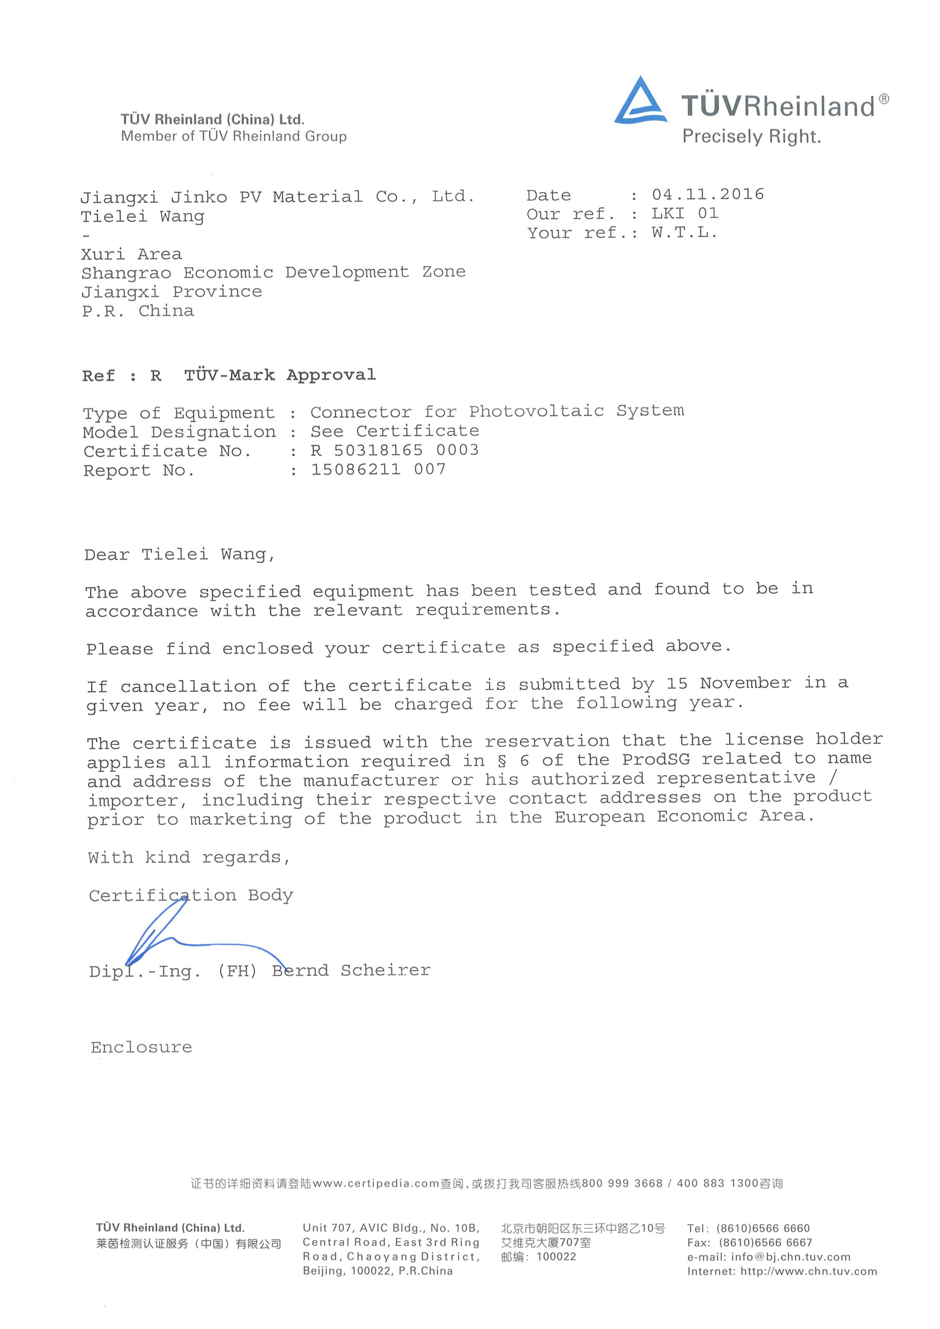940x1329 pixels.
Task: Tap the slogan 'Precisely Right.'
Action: pyautogui.click(x=752, y=137)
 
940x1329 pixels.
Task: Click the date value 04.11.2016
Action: pyautogui.click(x=707, y=195)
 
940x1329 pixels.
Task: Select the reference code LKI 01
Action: pyautogui.click(x=685, y=213)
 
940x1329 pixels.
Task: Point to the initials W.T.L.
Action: pyautogui.click(x=684, y=233)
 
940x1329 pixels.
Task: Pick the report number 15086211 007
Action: pyautogui.click(x=378, y=469)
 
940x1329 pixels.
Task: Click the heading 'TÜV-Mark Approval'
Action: pyautogui.click(x=280, y=375)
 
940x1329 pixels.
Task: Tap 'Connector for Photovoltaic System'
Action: pyautogui.click(x=497, y=412)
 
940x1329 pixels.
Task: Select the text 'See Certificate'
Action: pyautogui.click(x=394, y=431)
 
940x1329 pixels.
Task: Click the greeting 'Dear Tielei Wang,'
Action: pyautogui.click(x=180, y=555)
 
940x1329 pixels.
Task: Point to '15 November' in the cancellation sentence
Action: pyautogui.click(x=728, y=684)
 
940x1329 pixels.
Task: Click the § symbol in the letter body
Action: pyautogui.click(x=501, y=760)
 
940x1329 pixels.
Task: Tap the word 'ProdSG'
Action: pyautogui.click(x=656, y=759)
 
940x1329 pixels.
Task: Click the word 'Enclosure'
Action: pyautogui.click(x=141, y=1048)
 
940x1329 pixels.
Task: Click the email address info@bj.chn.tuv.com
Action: pyautogui.click(x=791, y=1257)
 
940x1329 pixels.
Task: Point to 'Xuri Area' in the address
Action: pyautogui.click(x=132, y=254)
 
